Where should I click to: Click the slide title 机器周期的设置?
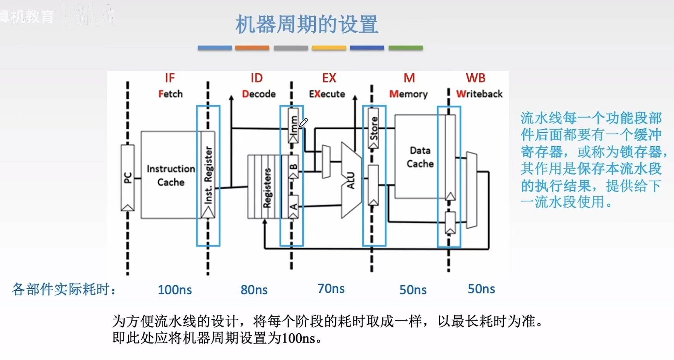click(306, 24)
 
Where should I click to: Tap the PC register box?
click(128, 178)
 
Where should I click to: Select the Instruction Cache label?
click(171, 175)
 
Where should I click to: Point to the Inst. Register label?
click(208, 175)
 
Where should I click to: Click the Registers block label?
click(267, 188)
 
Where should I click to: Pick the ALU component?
click(351, 180)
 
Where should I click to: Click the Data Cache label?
click(420, 157)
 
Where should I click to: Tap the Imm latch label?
click(294, 125)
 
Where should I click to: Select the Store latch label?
click(374, 127)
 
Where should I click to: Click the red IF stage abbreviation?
click(170, 78)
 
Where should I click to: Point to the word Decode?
click(259, 94)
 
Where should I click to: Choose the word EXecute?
click(327, 94)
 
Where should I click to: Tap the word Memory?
click(409, 94)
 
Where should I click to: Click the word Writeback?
click(479, 94)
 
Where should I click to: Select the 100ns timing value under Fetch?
click(175, 290)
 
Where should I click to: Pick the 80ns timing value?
click(254, 290)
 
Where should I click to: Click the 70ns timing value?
click(331, 289)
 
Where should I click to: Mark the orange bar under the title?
click(252, 48)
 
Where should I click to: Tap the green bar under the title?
click(405, 48)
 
